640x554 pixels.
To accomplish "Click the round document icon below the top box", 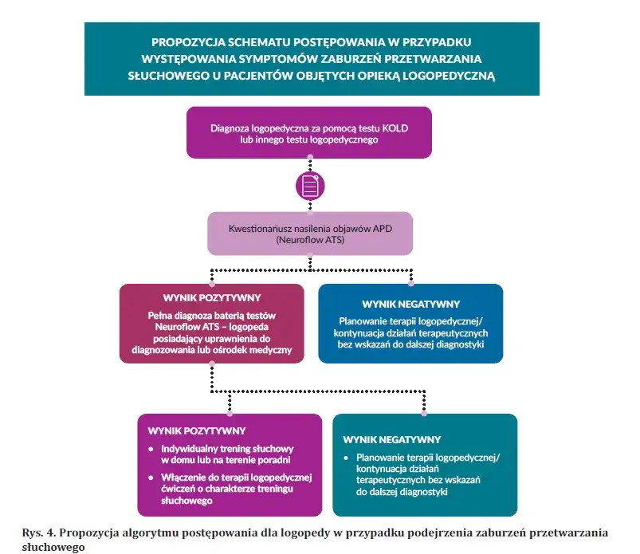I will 311,186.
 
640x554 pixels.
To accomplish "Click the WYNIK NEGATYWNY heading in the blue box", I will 410,305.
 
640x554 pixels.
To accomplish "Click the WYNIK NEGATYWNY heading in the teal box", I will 392,439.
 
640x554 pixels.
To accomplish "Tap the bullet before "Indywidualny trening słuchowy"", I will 152,450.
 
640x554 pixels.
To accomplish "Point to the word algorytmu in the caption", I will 147,532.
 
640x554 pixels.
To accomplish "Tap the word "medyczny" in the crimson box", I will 270,350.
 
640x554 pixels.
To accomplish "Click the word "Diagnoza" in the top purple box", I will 233,127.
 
